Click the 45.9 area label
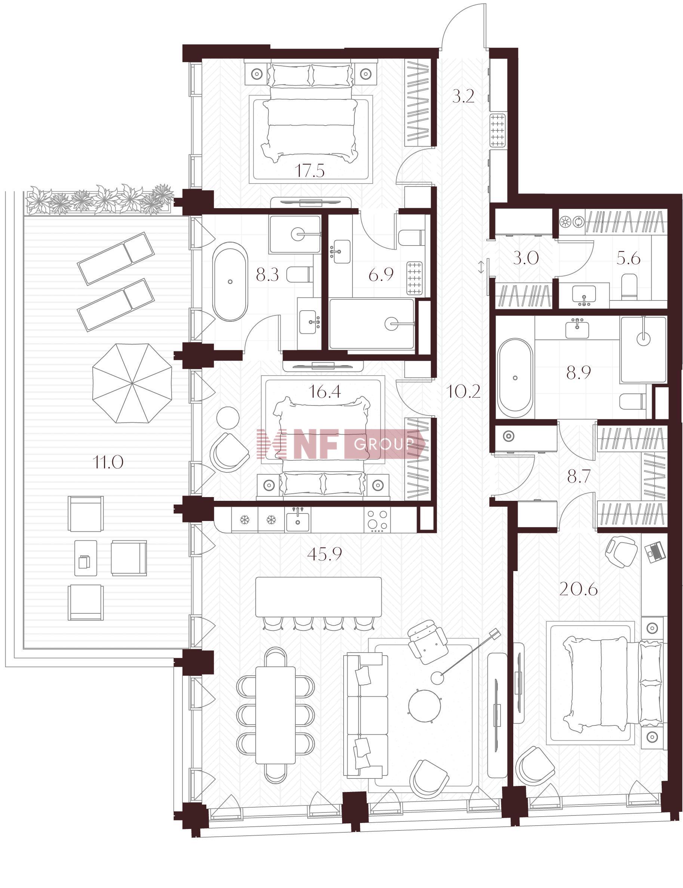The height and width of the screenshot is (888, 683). point(324,554)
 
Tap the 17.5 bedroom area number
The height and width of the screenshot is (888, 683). point(310,171)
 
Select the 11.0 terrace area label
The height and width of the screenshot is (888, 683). point(108,462)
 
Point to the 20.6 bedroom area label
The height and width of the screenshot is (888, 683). point(578,589)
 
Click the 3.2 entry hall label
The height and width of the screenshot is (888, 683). point(464,97)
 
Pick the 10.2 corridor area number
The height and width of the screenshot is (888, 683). point(463,392)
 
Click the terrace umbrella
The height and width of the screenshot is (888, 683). point(132,383)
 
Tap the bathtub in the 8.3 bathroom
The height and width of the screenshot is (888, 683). point(231,282)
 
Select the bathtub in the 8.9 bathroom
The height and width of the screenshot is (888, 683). point(515,378)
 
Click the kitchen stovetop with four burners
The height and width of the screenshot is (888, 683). point(378,520)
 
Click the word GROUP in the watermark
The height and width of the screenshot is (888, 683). point(384,444)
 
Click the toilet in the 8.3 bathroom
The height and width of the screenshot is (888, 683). point(299,274)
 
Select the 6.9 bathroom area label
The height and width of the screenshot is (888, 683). point(381,275)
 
